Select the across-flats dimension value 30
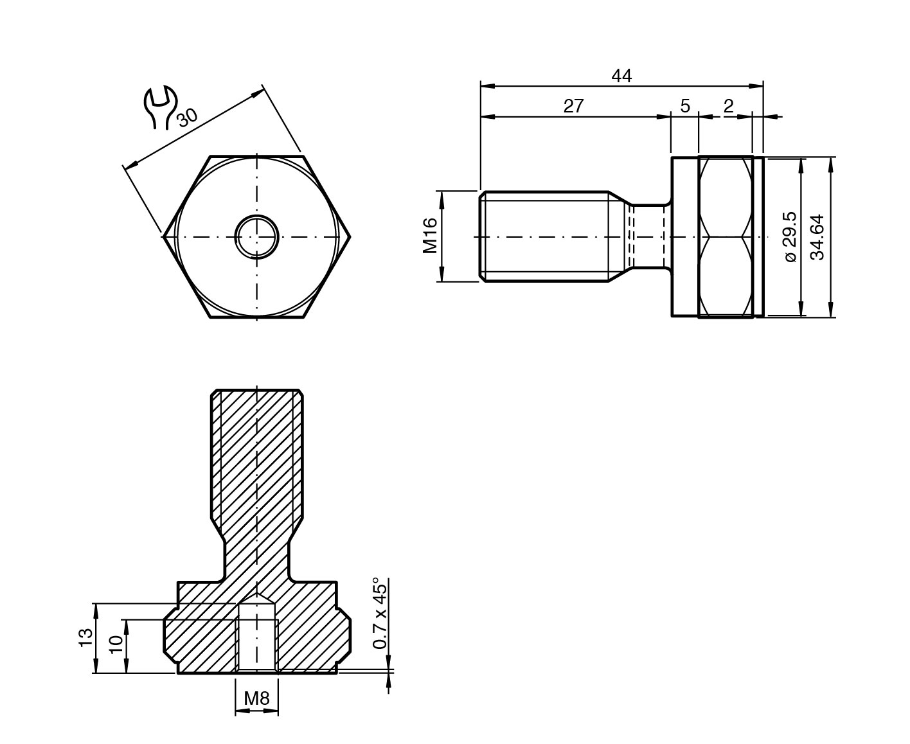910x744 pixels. [187, 118]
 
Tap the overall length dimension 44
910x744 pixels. [621, 76]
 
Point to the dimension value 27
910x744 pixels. [573, 106]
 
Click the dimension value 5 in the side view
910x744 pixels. [685, 106]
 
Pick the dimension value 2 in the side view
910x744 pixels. [729, 106]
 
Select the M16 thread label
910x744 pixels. [430, 236]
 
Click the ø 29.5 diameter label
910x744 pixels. [790, 237]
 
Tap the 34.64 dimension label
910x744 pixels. [817, 237]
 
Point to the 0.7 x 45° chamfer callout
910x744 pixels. [380, 614]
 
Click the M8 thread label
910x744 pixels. [256, 698]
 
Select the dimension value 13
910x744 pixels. [85, 637]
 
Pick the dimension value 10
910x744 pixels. [116, 645]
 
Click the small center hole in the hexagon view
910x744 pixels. [256, 237]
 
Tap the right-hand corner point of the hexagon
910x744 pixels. [350, 237]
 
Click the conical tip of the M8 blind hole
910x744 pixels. [256, 598]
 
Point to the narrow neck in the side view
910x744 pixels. [649, 237]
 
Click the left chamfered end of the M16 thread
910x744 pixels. [483, 236]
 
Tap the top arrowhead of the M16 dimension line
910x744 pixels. [442, 198]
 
